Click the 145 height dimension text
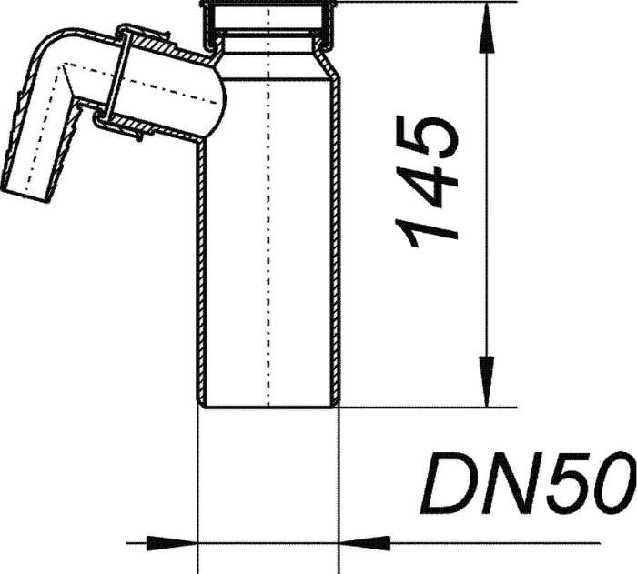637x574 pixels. click(427, 182)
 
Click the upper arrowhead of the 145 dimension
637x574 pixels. click(487, 27)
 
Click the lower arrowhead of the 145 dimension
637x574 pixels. click(487, 381)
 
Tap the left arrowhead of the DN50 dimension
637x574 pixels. click(171, 543)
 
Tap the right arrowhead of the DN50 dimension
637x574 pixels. click(364, 543)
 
